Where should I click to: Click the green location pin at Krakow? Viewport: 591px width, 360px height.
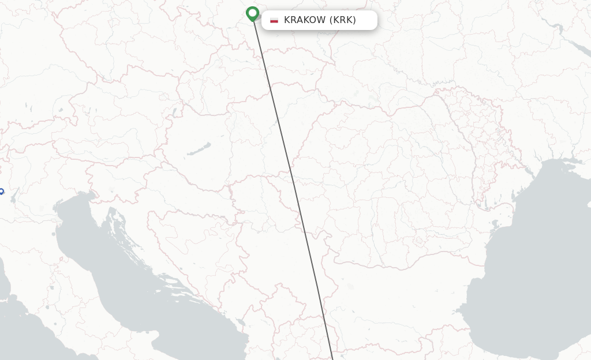point(252,13)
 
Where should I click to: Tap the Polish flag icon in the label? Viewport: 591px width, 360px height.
point(274,20)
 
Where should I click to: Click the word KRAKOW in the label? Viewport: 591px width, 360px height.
point(304,20)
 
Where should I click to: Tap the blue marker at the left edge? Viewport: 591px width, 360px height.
point(1,191)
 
